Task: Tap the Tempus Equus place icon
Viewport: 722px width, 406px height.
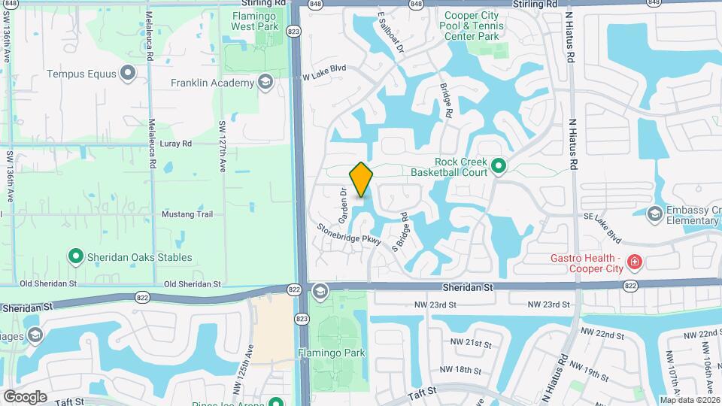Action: pyautogui.click(x=128, y=74)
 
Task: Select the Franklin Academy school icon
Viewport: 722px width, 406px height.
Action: pyautogui.click(x=264, y=83)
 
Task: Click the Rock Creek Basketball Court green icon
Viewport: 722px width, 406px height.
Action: pyautogui.click(x=497, y=165)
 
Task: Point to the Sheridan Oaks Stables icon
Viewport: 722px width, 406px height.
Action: pyautogui.click(x=75, y=257)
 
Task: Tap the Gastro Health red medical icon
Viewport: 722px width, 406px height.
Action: pyautogui.click(x=635, y=262)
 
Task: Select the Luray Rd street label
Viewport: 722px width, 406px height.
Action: pyautogui.click(x=177, y=143)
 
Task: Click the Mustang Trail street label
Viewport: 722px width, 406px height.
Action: pyautogui.click(x=187, y=214)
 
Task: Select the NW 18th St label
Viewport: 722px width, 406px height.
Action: pyautogui.click(x=460, y=369)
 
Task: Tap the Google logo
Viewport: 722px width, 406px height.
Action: pyautogui.click(x=25, y=396)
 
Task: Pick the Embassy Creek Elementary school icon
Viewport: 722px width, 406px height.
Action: pyautogui.click(x=654, y=214)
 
